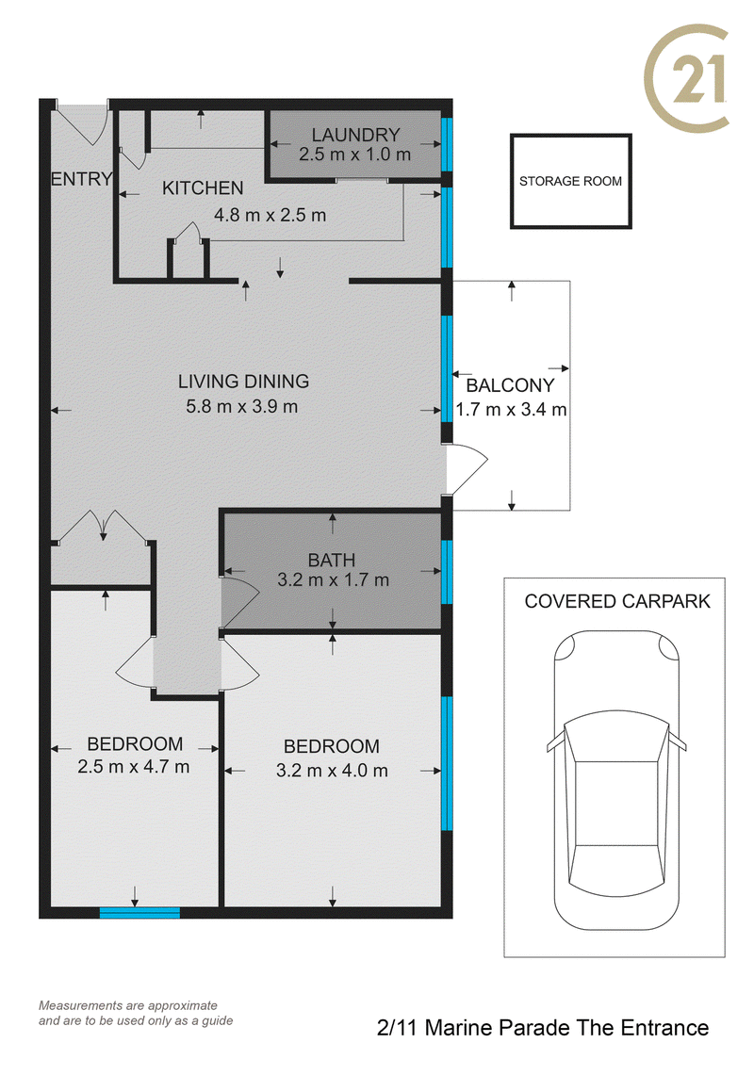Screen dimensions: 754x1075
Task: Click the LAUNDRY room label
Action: tap(355, 135)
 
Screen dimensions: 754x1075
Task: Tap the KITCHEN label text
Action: tap(203, 187)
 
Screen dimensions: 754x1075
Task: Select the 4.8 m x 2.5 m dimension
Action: tap(270, 215)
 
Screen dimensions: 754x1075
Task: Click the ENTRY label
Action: tap(81, 179)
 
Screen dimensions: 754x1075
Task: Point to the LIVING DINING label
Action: tap(243, 382)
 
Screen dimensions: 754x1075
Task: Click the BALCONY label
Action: tap(510, 385)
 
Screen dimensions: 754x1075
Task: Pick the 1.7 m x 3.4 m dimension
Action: tap(511, 410)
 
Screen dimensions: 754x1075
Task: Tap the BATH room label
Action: tap(332, 561)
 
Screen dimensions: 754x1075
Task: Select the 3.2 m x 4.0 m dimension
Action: tap(332, 771)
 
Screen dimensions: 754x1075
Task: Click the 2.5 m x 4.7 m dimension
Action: tap(133, 767)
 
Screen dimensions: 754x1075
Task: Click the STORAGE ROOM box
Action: tap(571, 181)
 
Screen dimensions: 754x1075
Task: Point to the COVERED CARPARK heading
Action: tap(617, 601)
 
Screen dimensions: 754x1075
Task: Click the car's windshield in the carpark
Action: tap(616, 738)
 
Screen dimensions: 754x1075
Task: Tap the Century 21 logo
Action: tap(686, 77)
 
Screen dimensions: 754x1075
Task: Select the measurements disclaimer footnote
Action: tap(136, 1014)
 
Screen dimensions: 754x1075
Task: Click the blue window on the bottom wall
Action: tap(139, 913)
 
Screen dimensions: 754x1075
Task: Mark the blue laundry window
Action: tap(447, 145)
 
